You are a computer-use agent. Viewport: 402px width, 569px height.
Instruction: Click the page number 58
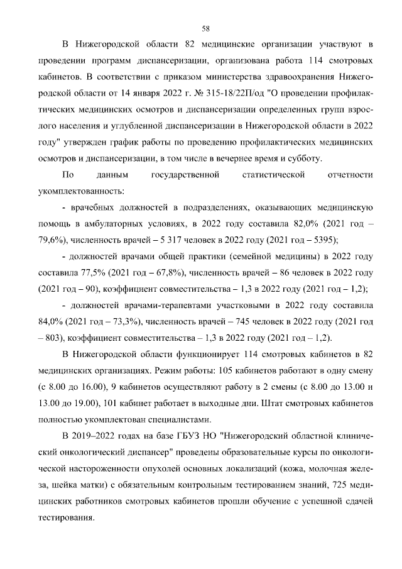coord(205,28)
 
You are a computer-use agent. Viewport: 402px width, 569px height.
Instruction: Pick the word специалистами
coord(178,419)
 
